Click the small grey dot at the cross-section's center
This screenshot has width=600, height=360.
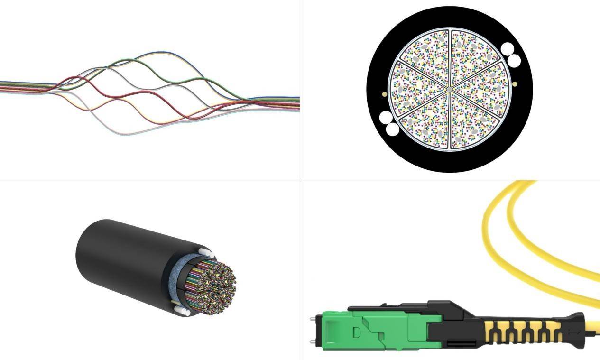[449, 88]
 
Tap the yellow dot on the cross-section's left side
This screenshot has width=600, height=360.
[384, 94]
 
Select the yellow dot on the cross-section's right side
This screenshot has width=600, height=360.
[515, 84]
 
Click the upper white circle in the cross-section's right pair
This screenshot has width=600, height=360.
[508, 49]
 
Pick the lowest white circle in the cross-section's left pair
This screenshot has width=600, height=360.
[392, 129]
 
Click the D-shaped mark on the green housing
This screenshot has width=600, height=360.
[357, 332]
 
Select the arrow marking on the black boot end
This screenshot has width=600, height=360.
[575, 333]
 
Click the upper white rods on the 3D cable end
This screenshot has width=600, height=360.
[205, 250]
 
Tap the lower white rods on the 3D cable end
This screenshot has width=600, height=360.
[183, 311]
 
